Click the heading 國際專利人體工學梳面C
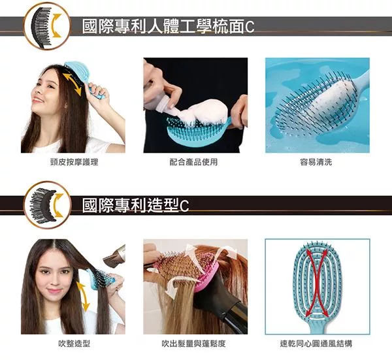point(169,27)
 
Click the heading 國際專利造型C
point(135,205)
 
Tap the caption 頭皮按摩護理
point(74,162)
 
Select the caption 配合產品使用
point(193,162)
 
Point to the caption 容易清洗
point(316,162)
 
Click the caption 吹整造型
point(74,344)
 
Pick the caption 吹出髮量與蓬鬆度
point(193,344)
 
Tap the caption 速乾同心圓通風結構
point(316,344)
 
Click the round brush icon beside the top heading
point(47,26)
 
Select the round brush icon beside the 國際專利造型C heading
point(47,205)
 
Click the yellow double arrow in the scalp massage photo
point(72,84)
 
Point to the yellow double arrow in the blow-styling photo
point(83,296)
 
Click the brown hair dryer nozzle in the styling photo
point(114,255)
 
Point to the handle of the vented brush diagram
point(317,327)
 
